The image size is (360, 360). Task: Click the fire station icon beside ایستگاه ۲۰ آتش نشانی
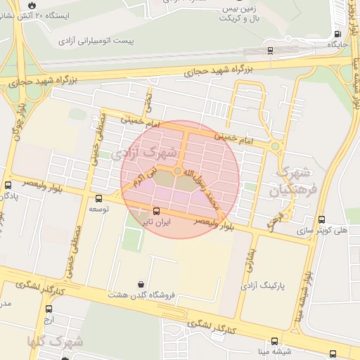[x=32, y=5]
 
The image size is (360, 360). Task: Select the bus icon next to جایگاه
[x=338, y=33]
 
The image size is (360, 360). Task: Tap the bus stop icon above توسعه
[x=98, y=198]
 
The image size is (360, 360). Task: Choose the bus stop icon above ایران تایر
[x=156, y=211]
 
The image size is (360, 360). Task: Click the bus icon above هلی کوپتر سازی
[x=321, y=219]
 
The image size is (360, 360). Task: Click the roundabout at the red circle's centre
[x=176, y=170]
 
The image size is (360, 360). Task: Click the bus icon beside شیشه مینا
[x=333, y=353]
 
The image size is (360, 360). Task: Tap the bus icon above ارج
[x=49, y=309]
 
